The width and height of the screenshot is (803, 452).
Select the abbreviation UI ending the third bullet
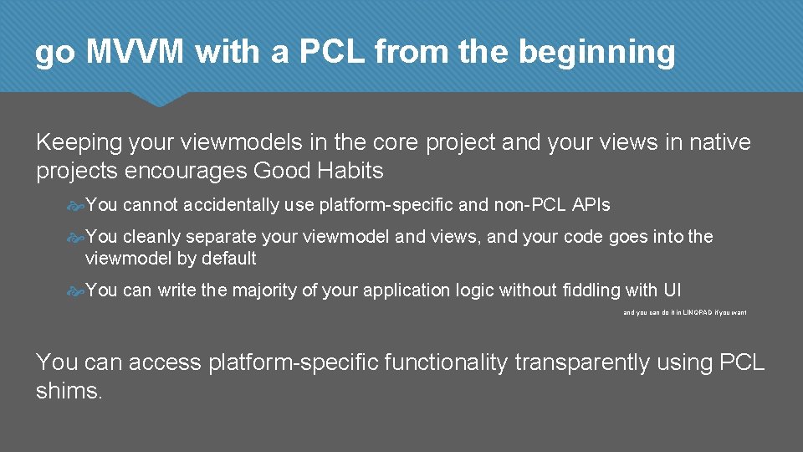pos(672,290)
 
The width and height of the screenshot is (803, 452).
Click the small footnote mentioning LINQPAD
pos(684,312)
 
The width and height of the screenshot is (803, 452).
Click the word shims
pos(69,391)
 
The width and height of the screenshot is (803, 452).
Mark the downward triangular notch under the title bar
pos(159,100)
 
